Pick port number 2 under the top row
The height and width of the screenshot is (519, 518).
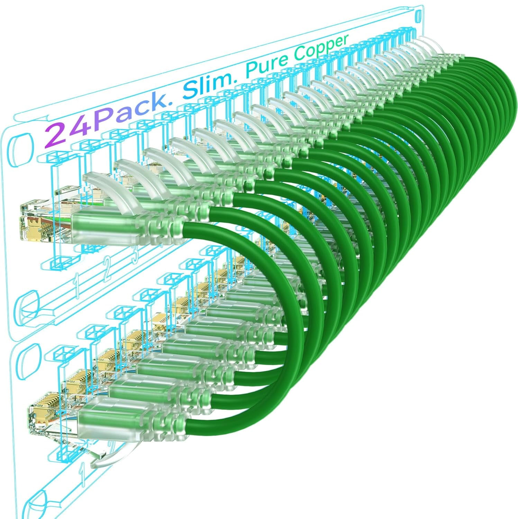[107, 270]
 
